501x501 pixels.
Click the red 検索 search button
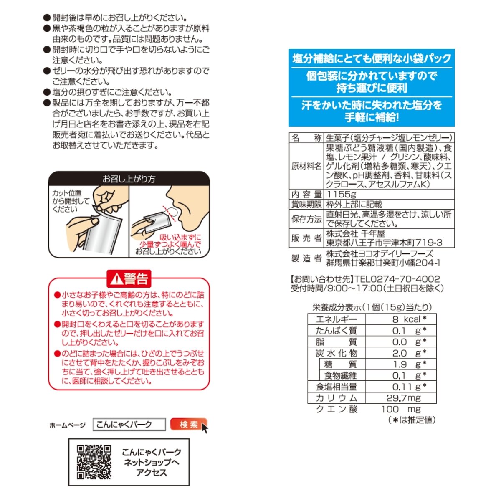pos(188,425)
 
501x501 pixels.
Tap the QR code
pos(94,462)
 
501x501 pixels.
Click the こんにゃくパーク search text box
pos(129,425)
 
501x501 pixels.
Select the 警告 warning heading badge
pos(129,279)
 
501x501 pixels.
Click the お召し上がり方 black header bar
pos(129,179)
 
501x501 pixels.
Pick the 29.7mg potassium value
pos(403,398)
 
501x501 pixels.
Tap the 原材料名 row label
pos(306,166)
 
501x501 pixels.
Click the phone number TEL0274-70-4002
pos(397,279)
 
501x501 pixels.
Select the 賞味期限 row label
pos(306,204)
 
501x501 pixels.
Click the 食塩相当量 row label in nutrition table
pos(337,387)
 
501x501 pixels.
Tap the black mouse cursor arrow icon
pos(205,428)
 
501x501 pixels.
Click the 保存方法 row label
pos(306,219)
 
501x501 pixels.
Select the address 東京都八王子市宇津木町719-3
pos(384,243)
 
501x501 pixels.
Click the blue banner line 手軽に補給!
pos(372,117)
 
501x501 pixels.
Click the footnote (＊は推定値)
pos(412,420)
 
